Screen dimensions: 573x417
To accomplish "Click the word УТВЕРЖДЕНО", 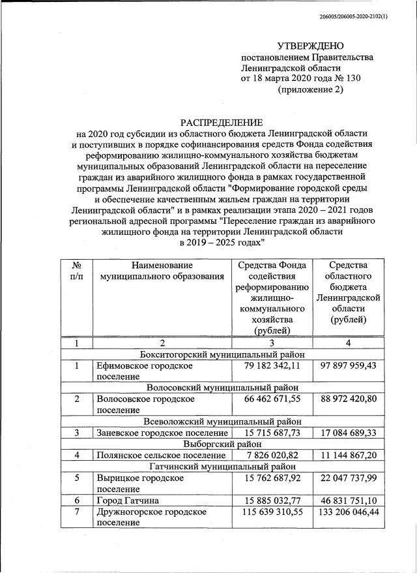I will [310, 46].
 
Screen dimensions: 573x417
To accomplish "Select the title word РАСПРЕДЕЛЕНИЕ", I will [222, 122].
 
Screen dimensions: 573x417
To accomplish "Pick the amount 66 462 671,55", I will [270, 398].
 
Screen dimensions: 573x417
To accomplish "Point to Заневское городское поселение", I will [162, 432].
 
